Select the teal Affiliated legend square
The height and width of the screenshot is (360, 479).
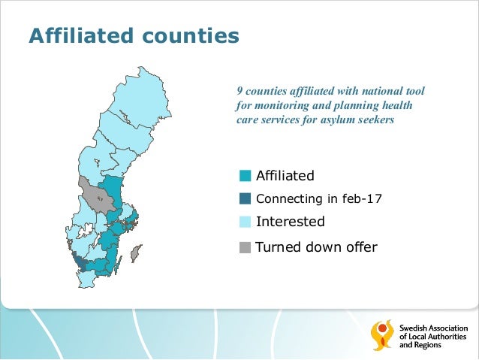(x=246, y=177)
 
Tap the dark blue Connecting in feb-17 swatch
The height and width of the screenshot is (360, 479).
(x=246, y=199)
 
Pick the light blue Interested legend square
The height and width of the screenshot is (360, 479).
(x=246, y=222)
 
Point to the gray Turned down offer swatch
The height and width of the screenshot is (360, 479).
(x=246, y=247)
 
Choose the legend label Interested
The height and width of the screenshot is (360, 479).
(x=290, y=222)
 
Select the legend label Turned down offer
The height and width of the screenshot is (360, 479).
(x=316, y=247)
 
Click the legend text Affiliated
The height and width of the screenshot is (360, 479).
(x=285, y=176)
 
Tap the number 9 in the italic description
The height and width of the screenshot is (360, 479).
(x=239, y=91)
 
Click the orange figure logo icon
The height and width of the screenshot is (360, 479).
(x=382, y=334)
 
